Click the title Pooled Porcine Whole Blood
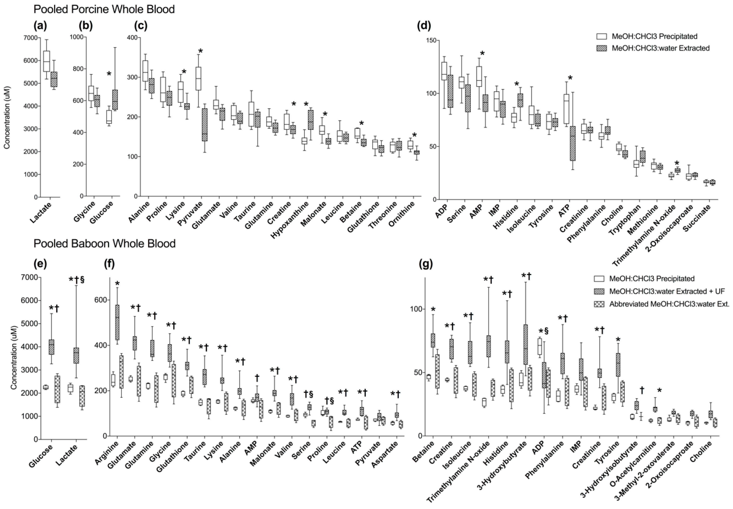tap(104, 9)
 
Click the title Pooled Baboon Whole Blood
tap(104, 244)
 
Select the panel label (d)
tap(424, 26)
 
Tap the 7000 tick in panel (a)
tap(30, 38)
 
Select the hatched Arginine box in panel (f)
tap(117, 322)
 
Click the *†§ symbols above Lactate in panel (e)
tap(77, 280)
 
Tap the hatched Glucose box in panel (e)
tap(51, 347)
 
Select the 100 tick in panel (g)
tap(411, 309)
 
